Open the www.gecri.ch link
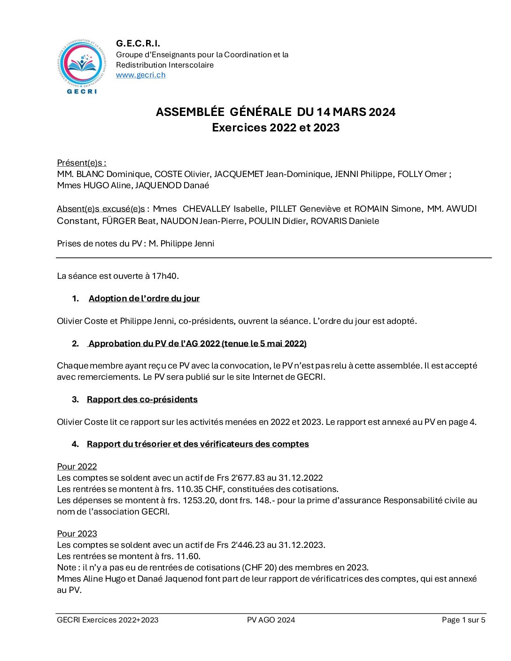(x=140, y=75)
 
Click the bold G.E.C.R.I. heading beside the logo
(x=138, y=44)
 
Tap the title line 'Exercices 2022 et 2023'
(x=275, y=128)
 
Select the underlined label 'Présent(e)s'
(x=81, y=163)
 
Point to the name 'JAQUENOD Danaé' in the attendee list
(x=172, y=185)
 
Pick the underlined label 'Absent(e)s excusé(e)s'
(x=101, y=209)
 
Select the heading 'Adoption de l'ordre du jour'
(x=144, y=299)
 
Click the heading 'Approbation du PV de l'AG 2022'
(x=197, y=344)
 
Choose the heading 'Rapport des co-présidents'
(x=142, y=400)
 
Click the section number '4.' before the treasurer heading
(x=75, y=444)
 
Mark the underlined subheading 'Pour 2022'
(x=77, y=467)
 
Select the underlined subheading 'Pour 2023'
(x=77, y=534)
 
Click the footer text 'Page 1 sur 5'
(x=463, y=620)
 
